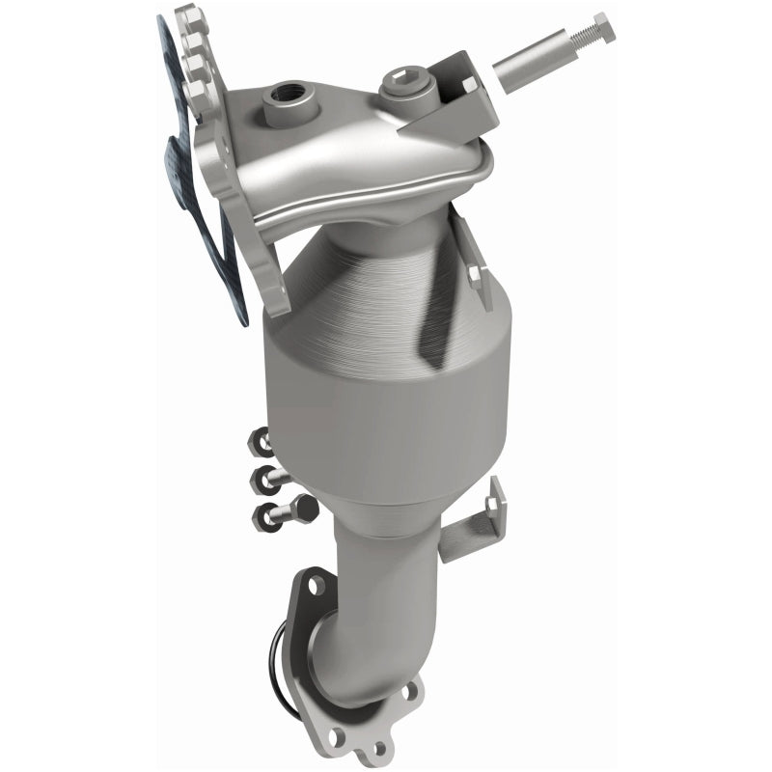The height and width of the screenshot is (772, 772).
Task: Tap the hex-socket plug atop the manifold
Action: click(x=399, y=81)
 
